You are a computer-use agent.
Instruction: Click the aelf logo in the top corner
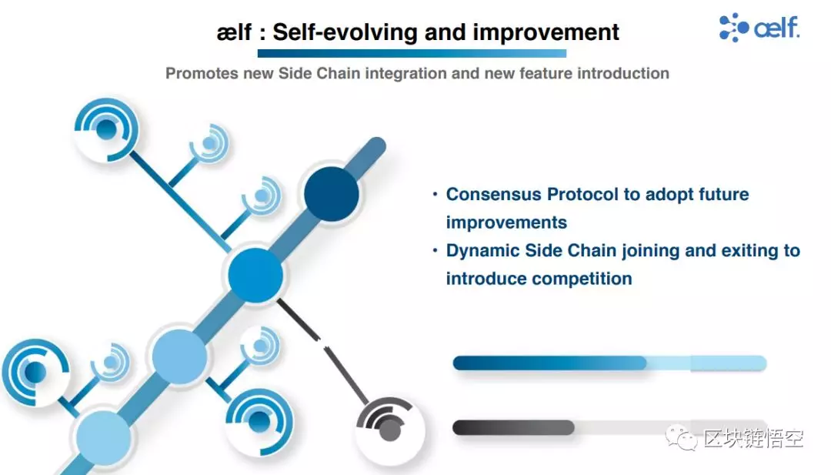click(759, 27)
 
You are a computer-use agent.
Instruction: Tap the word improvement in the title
click(546, 32)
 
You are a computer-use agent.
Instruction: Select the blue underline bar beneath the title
click(412, 53)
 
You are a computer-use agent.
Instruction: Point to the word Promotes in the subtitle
click(202, 73)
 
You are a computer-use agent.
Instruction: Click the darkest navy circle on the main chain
click(332, 194)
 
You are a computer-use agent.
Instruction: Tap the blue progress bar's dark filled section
click(549, 363)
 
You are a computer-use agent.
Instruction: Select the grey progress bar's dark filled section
click(513, 428)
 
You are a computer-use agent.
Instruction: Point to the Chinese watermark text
click(753, 438)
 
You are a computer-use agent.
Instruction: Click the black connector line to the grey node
click(322, 350)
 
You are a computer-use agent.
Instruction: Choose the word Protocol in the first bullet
click(582, 194)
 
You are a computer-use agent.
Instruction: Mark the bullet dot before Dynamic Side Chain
click(435, 249)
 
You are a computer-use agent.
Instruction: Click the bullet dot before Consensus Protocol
click(435, 194)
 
